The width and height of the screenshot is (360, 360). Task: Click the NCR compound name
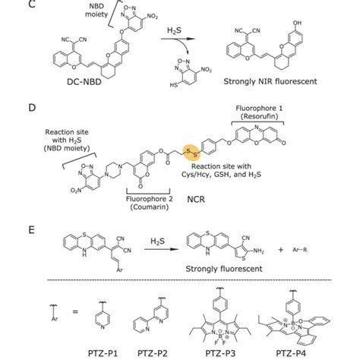(185, 203)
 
